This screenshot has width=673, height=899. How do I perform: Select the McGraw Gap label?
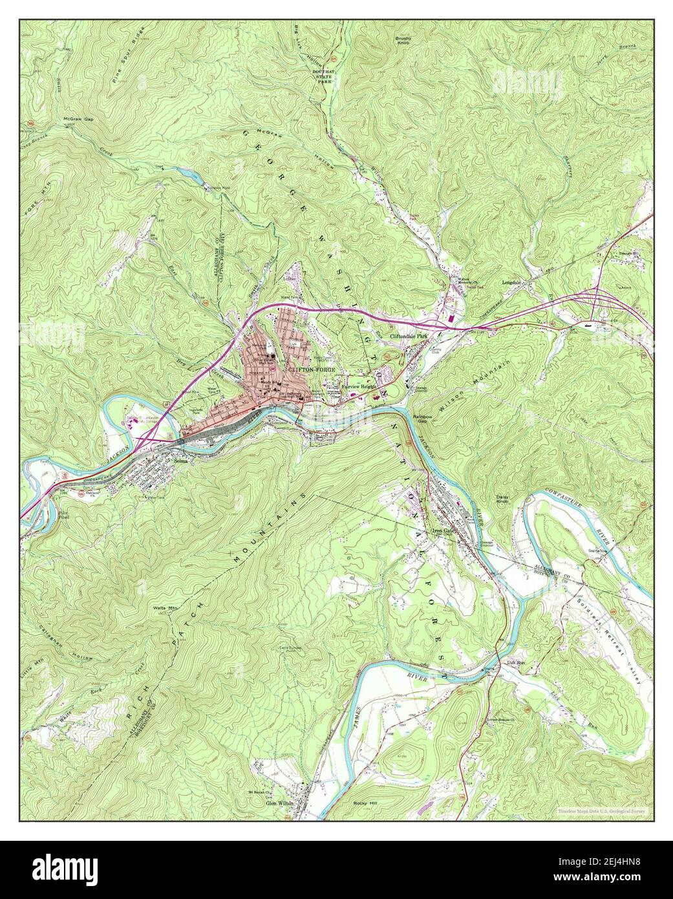click(x=78, y=120)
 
